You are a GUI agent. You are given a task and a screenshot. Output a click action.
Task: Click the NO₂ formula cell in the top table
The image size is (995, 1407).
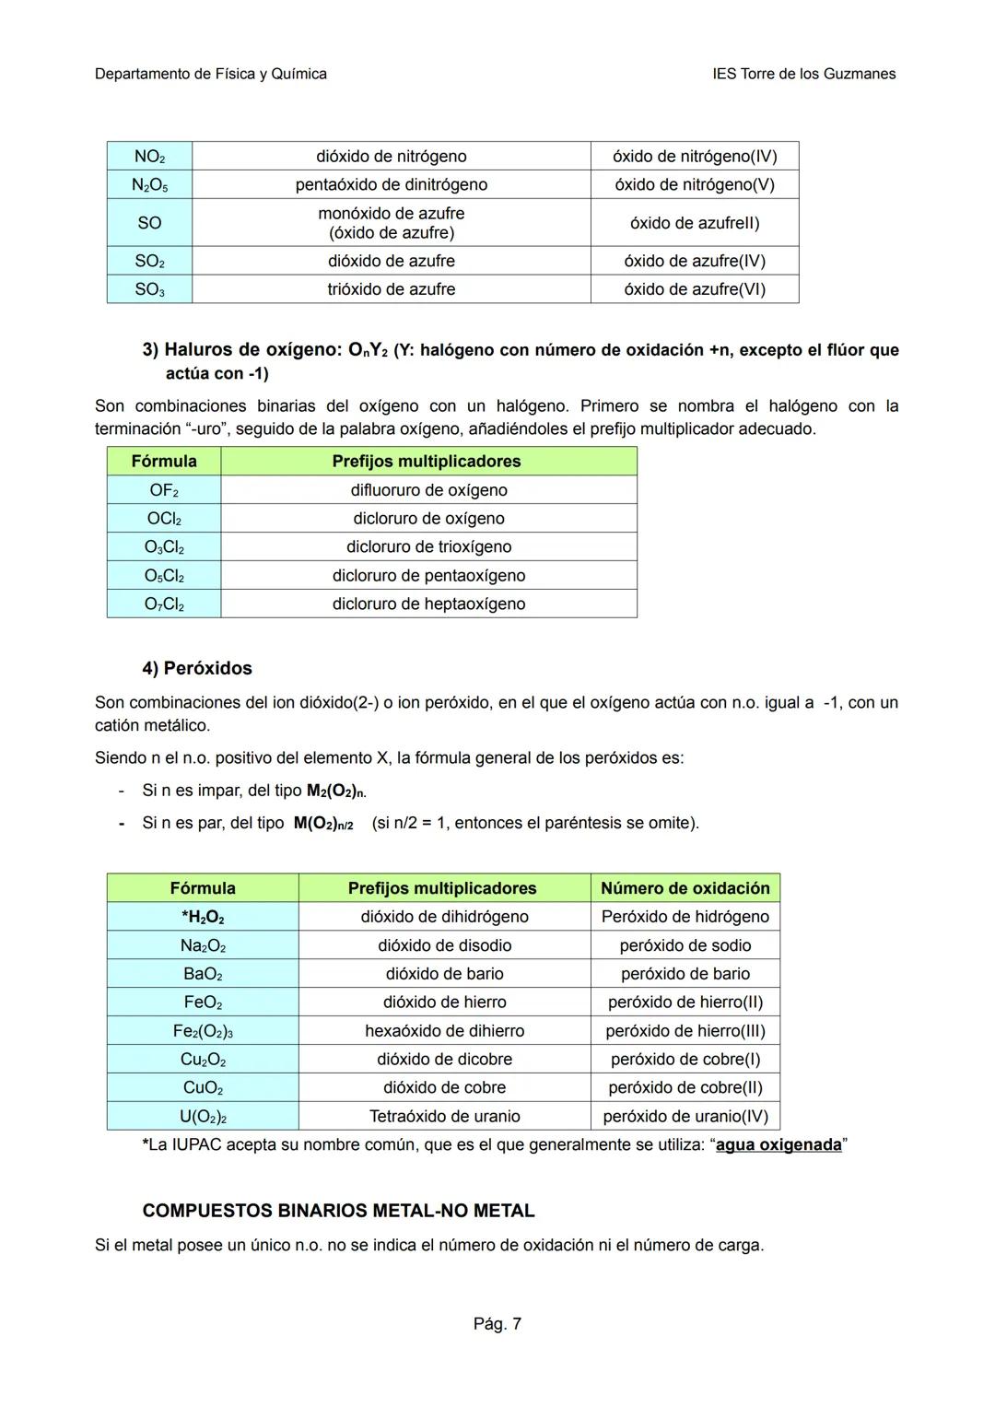click(149, 157)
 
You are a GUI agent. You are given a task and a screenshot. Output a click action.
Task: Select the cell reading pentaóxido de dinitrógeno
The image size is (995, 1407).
click(391, 184)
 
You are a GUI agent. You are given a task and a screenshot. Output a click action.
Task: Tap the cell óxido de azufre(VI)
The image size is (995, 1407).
click(695, 289)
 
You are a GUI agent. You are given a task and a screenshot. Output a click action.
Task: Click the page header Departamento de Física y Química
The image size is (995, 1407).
click(210, 74)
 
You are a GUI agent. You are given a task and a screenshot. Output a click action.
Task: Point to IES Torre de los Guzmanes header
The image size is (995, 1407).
click(803, 74)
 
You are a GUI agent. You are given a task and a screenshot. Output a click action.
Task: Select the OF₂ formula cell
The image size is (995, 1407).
click(164, 490)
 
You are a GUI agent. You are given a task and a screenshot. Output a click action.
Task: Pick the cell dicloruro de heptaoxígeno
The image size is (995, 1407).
click(428, 604)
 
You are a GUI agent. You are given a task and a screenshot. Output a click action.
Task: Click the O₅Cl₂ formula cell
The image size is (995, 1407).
click(164, 576)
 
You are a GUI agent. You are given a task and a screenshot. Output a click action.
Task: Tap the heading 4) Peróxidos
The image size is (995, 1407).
click(197, 668)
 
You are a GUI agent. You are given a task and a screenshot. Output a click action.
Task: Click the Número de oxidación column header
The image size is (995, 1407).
click(685, 888)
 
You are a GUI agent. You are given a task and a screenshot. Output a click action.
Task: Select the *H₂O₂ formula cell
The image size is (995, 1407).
click(203, 917)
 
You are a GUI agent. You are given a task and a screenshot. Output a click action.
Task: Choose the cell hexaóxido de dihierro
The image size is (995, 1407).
click(444, 1031)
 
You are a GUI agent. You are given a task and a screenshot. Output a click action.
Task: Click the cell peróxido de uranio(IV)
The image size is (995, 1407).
click(685, 1117)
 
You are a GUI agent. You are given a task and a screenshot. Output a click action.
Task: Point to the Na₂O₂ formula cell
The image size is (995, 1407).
click(203, 945)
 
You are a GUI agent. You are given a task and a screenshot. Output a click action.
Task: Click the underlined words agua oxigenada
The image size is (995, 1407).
click(778, 1145)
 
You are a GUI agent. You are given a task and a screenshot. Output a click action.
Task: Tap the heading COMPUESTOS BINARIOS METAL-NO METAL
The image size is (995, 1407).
click(338, 1211)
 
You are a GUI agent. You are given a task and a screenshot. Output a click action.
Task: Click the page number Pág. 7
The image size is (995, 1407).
click(497, 1324)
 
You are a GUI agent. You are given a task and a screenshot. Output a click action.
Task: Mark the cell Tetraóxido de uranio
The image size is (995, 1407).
click(444, 1117)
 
